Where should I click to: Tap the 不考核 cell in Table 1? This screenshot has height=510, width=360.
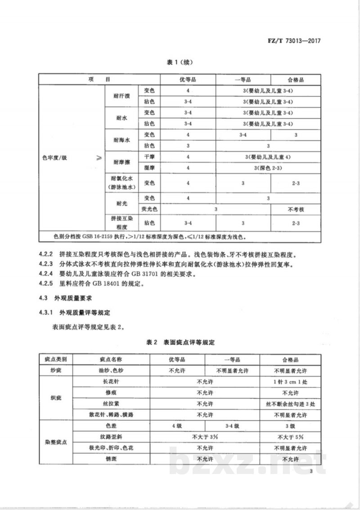click(296, 209)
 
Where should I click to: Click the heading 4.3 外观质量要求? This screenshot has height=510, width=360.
click(65, 299)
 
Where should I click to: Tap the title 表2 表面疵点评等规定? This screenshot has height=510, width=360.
click(180, 343)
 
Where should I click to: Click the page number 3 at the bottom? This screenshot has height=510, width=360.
click(311, 471)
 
